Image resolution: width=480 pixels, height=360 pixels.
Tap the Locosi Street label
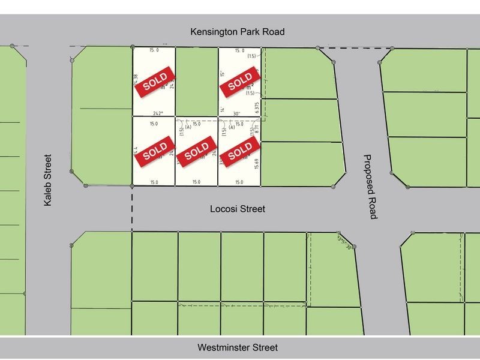[238, 209]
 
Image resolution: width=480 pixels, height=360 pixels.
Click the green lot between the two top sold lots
[197, 81]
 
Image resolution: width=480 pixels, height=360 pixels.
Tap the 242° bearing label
[158, 113]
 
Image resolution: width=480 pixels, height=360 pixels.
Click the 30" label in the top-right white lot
[236, 113]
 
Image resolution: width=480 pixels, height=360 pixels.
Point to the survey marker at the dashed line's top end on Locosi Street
[132, 187]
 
